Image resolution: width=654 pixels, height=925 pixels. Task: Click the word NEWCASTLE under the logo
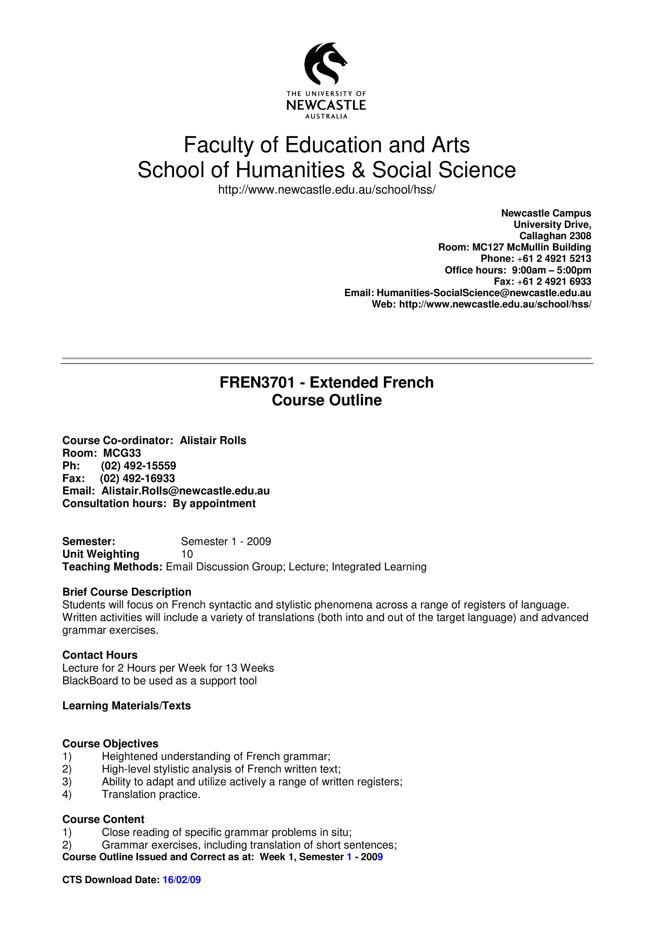326,105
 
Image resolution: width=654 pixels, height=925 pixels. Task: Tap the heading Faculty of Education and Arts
326,145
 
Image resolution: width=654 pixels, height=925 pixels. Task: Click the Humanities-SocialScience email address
484,293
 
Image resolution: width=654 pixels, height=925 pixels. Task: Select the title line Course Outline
327,400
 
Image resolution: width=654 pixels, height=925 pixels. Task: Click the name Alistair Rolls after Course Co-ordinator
213,440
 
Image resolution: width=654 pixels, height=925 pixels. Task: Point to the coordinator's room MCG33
122,453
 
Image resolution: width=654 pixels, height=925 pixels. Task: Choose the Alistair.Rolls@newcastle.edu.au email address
185,491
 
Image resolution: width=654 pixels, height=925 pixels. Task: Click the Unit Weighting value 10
187,554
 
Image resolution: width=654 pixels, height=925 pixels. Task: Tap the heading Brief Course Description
127,592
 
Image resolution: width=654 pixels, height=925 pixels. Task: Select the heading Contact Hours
100,655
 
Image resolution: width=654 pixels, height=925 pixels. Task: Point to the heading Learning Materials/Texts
127,705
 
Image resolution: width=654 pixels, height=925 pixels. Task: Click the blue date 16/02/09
182,891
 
